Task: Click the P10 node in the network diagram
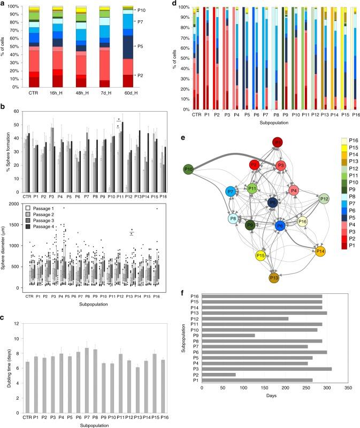coord(188,169)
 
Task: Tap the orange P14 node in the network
coord(320,251)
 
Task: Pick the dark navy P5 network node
coord(273,203)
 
